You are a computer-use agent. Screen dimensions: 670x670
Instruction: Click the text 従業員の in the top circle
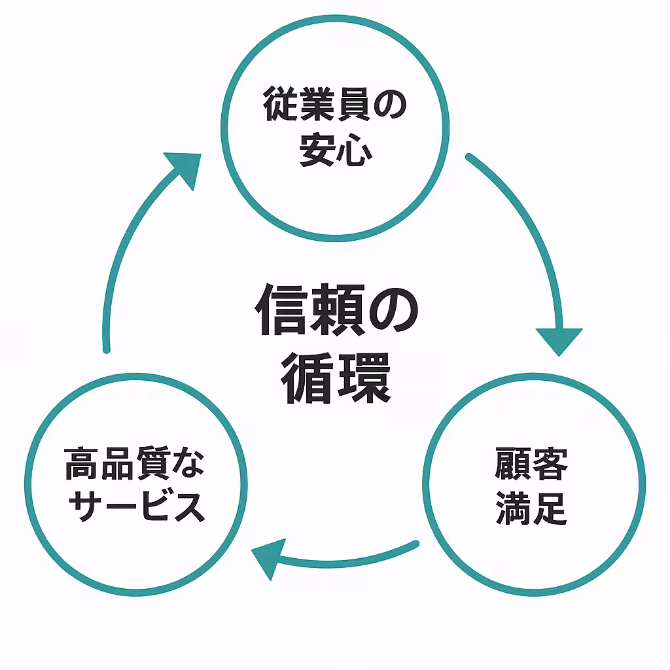click(334, 107)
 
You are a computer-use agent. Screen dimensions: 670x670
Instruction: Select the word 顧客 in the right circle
click(531, 463)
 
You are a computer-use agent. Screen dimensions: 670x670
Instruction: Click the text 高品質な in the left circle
click(135, 463)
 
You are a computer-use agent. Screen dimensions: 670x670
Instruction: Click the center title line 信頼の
click(336, 310)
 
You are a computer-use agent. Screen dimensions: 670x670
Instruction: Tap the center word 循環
click(336, 378)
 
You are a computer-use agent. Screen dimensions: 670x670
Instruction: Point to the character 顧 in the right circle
click(513, 463)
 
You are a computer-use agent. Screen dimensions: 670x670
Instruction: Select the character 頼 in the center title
click(337, 310)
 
